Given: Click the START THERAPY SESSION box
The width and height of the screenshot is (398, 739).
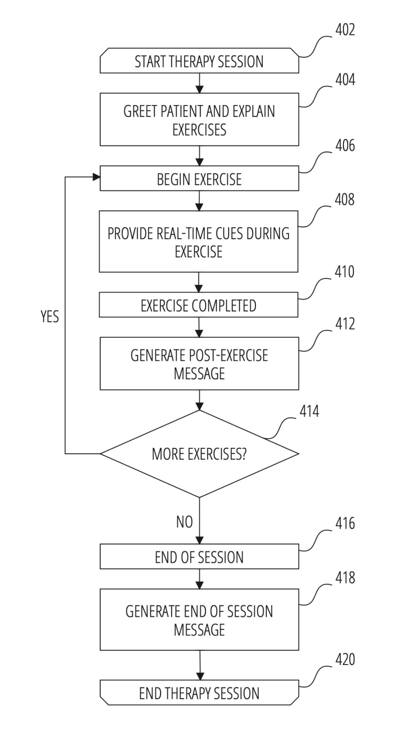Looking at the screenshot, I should point(199,61).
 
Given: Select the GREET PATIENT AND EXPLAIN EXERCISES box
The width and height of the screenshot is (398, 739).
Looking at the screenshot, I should point(199,120).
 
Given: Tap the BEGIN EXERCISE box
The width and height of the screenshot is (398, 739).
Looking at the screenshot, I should point(199,179).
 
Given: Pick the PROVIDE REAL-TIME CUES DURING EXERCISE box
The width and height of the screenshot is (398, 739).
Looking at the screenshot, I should point(199,242).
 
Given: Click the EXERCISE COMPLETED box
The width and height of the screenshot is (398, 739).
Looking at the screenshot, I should point(199,305).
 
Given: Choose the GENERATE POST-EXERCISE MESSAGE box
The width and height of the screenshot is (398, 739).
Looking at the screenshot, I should point(199,364).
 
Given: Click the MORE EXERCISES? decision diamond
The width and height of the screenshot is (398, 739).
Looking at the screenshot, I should point(199,454).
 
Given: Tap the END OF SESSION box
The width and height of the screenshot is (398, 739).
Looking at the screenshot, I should point(199,557).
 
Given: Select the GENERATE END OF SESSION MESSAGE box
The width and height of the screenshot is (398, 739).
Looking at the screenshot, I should point(199,620).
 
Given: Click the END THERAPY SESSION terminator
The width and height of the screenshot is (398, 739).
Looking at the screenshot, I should point(199,693).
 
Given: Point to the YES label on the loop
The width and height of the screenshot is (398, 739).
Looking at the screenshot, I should point(50,317).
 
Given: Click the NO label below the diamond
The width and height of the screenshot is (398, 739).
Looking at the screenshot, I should point(184,522).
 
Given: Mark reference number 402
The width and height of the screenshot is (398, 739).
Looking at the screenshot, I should point(345,30).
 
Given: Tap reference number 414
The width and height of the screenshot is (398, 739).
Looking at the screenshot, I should point(309,412).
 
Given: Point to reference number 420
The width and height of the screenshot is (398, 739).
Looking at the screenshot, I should point(345,660).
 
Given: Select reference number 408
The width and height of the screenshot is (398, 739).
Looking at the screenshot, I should point(344,200).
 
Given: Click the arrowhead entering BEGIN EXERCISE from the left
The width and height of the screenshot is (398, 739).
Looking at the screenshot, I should point(96,178).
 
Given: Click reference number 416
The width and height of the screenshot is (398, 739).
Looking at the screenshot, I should point(345,524).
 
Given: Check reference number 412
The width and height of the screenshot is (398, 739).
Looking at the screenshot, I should point(345,324).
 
